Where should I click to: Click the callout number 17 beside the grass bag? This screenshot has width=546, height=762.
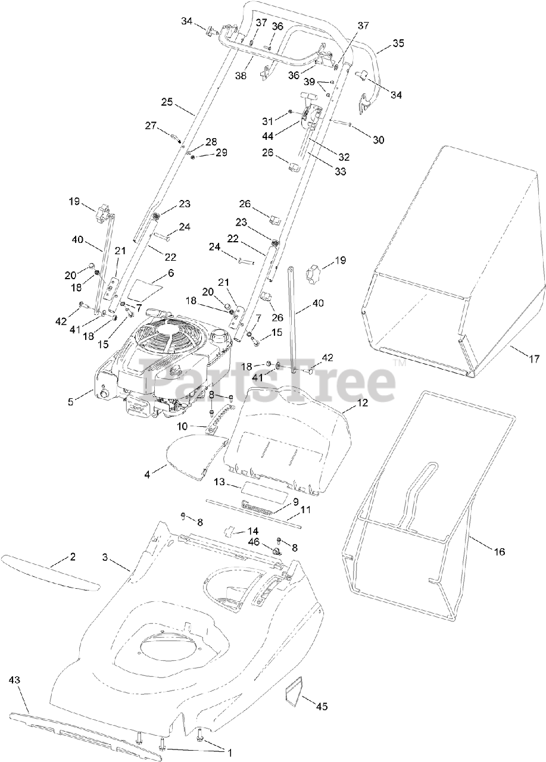(x=533, y=358)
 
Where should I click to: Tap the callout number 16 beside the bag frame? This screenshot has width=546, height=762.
(x=499, y=552)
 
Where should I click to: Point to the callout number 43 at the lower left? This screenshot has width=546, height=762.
(x=15, y=679)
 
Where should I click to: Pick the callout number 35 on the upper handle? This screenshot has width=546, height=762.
(x=398, y=43)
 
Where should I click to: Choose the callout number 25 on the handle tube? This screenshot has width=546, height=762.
(x=167, y=102)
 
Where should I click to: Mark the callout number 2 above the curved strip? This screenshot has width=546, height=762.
(x=73, y=557)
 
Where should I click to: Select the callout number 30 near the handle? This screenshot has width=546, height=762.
(x=379, y=140)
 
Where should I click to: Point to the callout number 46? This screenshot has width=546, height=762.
(x=253, y=542)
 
